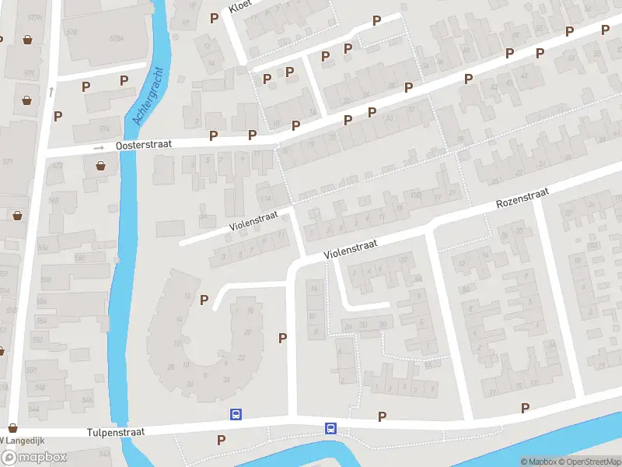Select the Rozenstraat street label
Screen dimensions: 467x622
pos(523,199)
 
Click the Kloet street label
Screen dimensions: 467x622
pos(239,7)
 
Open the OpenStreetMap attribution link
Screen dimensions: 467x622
pos(589,462)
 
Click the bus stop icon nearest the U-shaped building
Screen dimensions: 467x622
pos(236,415)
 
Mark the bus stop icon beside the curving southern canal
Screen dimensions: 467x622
pos(330,428)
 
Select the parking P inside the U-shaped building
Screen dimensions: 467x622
pos(204,300)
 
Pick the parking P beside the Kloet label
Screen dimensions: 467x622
pos(214,18)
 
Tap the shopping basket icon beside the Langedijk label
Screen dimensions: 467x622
pos(12,427)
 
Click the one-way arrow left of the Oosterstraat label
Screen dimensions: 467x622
pos(99,147)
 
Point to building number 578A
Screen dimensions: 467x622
pos(117,37)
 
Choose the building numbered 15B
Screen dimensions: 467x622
pos(416,196)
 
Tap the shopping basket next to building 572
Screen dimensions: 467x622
pos(101,165)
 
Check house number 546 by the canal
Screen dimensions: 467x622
pos(87,399)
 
